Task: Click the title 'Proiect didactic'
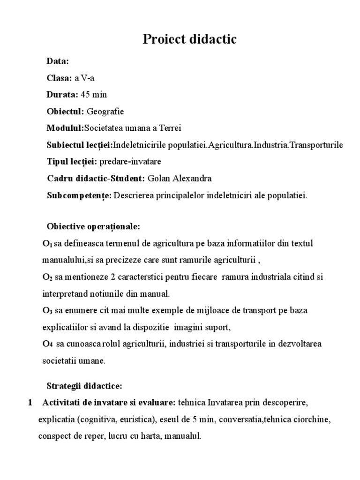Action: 190,40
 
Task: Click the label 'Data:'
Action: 58,61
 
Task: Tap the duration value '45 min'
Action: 94,95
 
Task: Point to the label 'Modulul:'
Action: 65,128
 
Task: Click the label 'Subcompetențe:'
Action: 79,195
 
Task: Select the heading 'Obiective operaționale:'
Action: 93,227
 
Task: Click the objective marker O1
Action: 47,244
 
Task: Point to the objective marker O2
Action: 47,277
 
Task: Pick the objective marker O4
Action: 47,344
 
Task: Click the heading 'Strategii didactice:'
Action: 84,386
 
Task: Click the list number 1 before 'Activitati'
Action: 30,403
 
